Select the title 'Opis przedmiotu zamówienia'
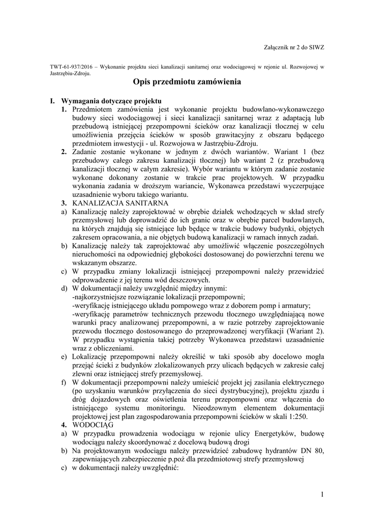pos(183,81)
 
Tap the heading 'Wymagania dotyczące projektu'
pos(111,101)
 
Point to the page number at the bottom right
pos(322,494)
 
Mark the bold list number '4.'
pos(65,424)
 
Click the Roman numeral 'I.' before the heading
pos(52,101)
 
